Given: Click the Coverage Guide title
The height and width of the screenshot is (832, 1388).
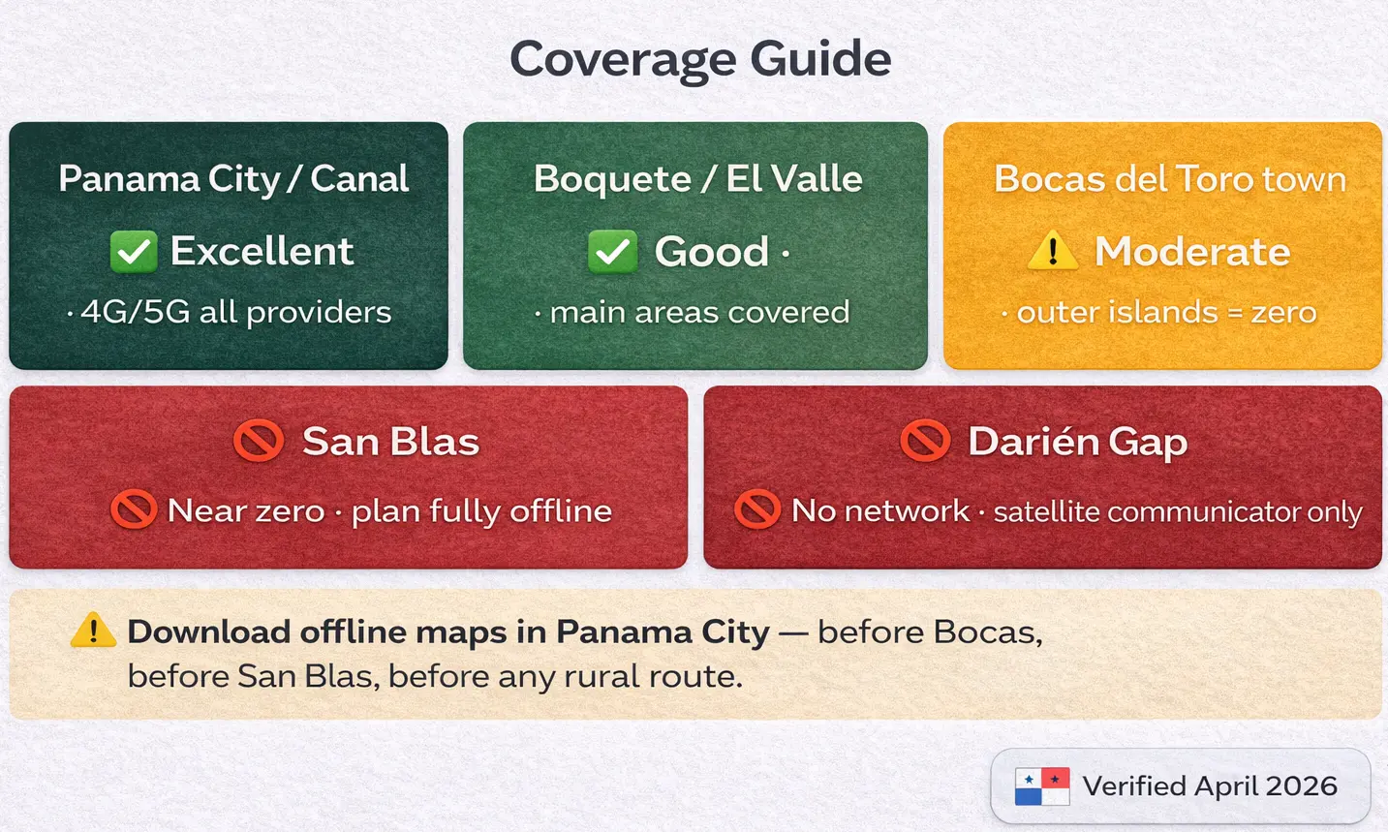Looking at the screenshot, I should pyautogui.click(x=699, y=58).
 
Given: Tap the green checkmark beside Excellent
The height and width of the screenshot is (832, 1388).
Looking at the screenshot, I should pyautogui.click(x=134, y=252).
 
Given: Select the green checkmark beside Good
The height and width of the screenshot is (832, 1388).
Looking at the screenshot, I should pyautogui.click(x=612, y=252).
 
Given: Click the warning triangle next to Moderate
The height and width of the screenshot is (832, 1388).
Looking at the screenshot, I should pyautogui.click(x=1052, y=252).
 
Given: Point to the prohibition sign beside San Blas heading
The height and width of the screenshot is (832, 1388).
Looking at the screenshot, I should pyautogui.click(x=259, y=442).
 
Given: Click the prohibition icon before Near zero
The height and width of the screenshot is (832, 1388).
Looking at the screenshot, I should pyautogui.click(x=134, y=509).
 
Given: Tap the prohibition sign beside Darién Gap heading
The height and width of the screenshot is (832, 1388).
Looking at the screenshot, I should pyautogui.click(x=925, y=442).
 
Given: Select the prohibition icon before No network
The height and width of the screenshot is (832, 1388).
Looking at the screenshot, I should pyautogui.click(x=757, y=509).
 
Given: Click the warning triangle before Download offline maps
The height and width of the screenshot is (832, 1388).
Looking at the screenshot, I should pyautogui.click(x=93, y=631).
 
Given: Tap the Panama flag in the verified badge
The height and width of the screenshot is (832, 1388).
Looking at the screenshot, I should pyautogui.click(x=1041, y=786).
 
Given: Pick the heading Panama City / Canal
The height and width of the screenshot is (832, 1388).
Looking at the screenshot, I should pyautogui.click(x=233, y=179).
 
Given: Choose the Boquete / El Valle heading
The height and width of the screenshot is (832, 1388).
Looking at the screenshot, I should pyautogui.click(x=697, y=179).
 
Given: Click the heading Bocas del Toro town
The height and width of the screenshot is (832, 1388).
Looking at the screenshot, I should pyautogui.click(x=1170, y=179).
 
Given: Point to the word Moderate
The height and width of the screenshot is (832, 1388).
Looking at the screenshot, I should pyautogui.click(x=1192, y=252).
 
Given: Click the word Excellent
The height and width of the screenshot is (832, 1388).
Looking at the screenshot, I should pyautogui.click(x=262, y=252).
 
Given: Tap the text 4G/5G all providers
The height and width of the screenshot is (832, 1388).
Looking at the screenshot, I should pyautogui.click(x=235, y=312).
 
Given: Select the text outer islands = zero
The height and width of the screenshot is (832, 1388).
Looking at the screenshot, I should pyautogui.click(x=1166, y=312).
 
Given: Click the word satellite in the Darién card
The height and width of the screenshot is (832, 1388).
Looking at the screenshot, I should pyautogui.click(x=1046, y=511).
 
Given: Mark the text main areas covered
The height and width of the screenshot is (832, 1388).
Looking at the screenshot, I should pyautogui.click(x=699, y=312).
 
